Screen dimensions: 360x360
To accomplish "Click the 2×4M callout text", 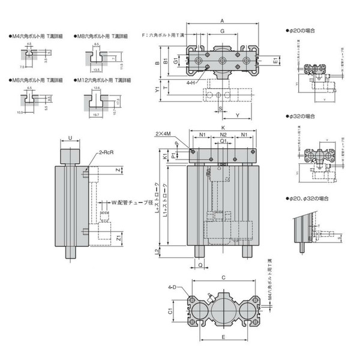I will coord(162,133).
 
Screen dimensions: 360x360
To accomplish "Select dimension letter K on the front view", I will coord(223,128).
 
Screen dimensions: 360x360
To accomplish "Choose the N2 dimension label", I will coord(223,136).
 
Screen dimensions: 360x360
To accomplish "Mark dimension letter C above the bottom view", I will coord(223,278).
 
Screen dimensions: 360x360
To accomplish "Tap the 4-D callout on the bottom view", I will coord(172,288).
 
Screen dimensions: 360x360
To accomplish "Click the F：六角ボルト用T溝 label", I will coord(164,35).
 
